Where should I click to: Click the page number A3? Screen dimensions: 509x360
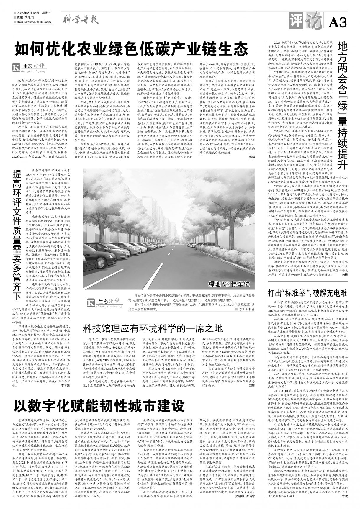tap(337, 22)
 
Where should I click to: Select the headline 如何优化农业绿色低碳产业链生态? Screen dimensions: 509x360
tap(131, 48)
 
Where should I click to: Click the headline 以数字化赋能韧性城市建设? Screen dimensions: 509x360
tap(99, 406)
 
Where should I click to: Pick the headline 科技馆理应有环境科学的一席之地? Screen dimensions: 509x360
tap(153, 328)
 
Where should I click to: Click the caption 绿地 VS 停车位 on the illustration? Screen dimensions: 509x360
tap(229, 284)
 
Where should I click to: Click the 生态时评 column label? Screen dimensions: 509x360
tap(30, 67)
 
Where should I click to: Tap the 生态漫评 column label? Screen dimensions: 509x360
tap(105, 303)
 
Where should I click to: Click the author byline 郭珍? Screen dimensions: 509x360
tap(251, 157)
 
